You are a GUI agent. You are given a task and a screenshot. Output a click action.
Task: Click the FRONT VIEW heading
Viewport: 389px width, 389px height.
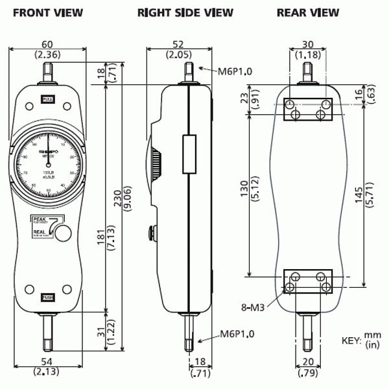(x=47, y=12)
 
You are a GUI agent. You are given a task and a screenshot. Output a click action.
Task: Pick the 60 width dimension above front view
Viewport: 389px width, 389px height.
(x=46, y=44)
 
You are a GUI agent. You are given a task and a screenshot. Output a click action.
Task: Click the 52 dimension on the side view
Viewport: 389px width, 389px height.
(x=174, y=44)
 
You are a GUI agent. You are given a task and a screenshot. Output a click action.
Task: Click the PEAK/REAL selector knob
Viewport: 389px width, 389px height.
(x=63, y=232)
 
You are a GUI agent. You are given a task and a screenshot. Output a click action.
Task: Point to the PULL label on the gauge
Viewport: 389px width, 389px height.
(x=47, y=99)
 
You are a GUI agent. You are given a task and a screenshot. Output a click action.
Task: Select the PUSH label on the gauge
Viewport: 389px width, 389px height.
(x=47, y=297)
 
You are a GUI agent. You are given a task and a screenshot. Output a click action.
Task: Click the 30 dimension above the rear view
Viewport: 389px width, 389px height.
(x=309, y=44)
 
